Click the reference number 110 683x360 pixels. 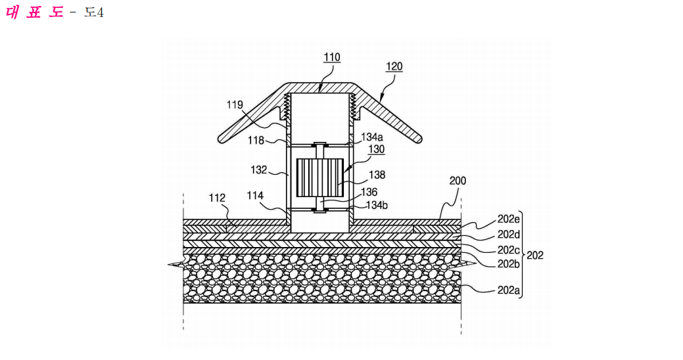[x=332, y=57]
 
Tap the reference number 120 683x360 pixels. [x=394, y=66]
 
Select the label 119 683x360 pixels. [x=235, y=105]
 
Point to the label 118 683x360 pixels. [x=256, y=140]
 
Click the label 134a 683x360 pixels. [x=371, y=137]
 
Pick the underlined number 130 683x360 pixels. [x=377, y=149]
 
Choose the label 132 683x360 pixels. [x=259, y=169]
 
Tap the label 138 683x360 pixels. [x=377, y=175]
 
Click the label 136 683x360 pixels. [x=369, y=192]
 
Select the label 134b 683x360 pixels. [x=377, y=205]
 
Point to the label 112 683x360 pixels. [x=217, y=198]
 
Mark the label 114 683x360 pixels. [x=255, y=196]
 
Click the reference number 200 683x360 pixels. [x=458, y=181]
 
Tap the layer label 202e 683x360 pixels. [x=509, y=219]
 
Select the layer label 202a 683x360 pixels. [x=509, y=290]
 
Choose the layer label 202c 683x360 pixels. [x=509, y=250]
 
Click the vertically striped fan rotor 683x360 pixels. [x=320, y=177]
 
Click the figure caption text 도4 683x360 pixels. [x=94, y=12]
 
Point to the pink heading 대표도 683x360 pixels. [x=35, y=12]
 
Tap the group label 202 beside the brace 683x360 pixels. [x=535, y=255]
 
